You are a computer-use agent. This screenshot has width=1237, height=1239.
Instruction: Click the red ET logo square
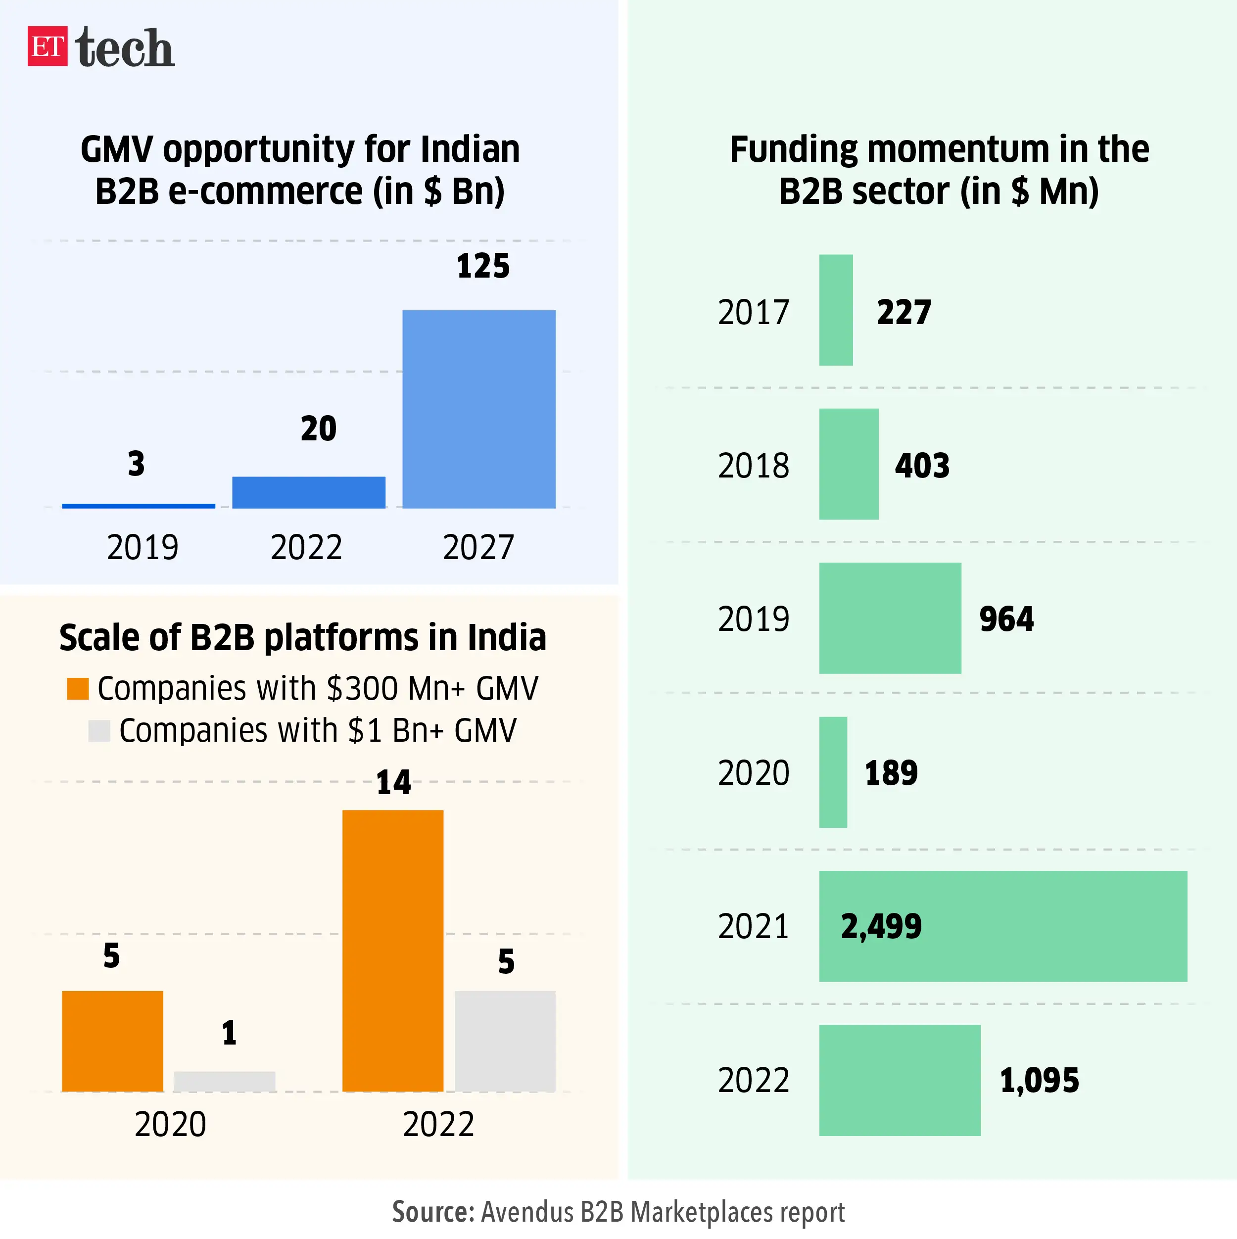[47, 46]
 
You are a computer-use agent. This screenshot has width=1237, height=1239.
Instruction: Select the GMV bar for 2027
[478, 409]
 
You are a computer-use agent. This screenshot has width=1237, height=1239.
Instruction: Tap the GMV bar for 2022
[308, 492]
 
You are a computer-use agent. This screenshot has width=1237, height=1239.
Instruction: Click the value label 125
[482, 266]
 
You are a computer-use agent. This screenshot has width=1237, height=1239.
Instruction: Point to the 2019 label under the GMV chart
[143, 547]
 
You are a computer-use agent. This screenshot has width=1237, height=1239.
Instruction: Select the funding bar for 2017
[836, 310]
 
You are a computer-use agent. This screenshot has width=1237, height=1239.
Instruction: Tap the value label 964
[1005, 619]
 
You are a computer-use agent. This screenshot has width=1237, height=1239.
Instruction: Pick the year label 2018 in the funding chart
[753, 466]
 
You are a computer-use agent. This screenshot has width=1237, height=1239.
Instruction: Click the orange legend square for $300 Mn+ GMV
[78, 688]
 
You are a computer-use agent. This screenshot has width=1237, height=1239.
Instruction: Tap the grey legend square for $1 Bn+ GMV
[99, 730]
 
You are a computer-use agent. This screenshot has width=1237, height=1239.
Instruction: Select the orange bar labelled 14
[392, 951]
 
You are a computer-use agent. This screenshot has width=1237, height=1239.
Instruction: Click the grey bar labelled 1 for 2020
[225, 1081]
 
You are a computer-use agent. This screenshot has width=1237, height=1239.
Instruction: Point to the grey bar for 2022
[505, 1041]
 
